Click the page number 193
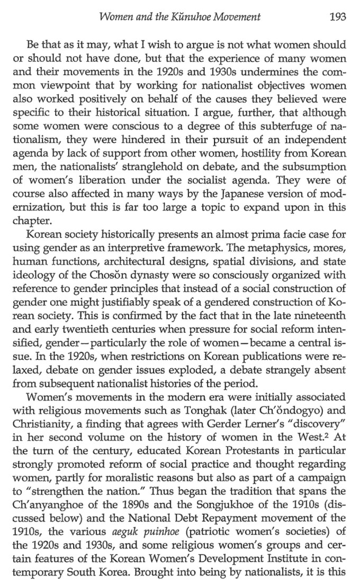coord(338,17)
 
